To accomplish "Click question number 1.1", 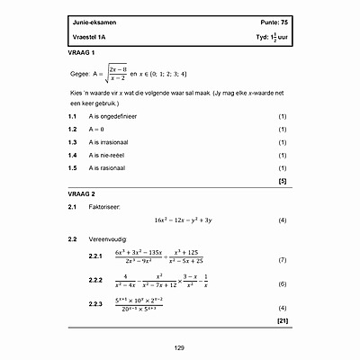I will coord(73,117).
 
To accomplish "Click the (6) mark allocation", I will coord(283,284).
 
